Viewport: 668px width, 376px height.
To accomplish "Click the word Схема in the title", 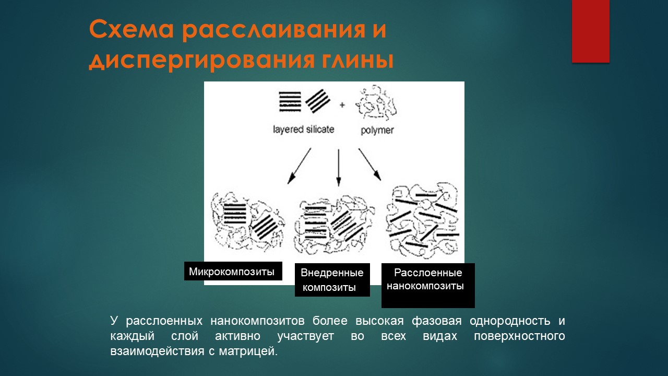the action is [131, 30].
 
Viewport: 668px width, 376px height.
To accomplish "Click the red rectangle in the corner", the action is [590, 31].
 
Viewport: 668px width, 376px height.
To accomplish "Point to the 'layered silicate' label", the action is [304, 130].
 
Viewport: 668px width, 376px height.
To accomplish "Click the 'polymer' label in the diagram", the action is [377, 131].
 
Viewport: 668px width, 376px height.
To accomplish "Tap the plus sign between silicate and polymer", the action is [342, 105].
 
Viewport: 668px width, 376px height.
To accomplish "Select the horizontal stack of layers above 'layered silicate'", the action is [290, 102].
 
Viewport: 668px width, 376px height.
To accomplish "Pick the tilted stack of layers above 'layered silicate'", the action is [318, 101].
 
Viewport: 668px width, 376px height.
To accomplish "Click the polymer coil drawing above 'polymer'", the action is [376, 102].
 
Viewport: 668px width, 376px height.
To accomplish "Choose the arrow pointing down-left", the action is [299, 166].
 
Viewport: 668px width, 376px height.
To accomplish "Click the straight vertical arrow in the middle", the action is [339, 168].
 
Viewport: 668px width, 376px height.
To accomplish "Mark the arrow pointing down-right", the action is [370, 164].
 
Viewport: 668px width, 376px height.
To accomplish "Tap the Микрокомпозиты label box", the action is [233, 271].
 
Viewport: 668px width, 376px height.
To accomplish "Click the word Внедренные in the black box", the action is [332, 273].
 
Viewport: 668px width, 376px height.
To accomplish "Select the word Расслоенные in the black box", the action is [428, 273].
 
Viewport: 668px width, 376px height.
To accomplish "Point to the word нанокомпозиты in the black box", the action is [425, 286].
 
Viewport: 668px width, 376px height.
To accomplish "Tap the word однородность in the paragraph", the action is [510, 321].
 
